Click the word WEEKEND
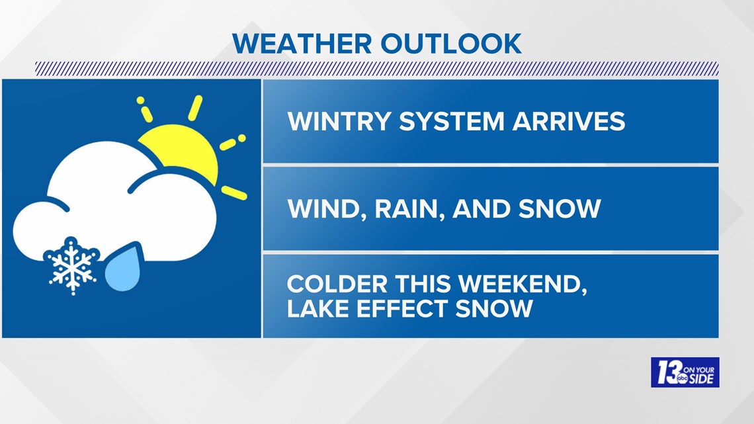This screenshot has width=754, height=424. pos(524,284)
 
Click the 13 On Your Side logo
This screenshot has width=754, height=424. pos(685,372)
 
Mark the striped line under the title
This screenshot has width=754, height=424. pos(376,68)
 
